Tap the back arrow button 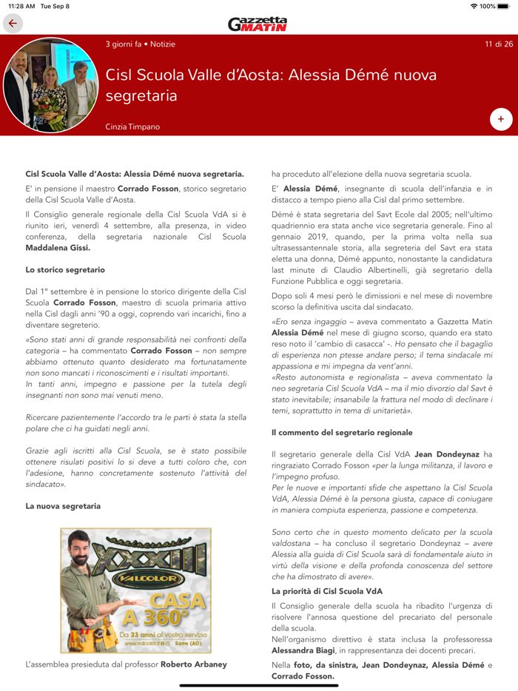(13, 24)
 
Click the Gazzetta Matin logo (258, 24)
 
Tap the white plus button (500, 118)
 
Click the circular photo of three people (50, 85)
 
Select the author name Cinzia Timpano (132, 127)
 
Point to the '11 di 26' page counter (499, 44)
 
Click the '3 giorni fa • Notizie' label (141, 44)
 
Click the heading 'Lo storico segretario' (65, 270)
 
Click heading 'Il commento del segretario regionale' (342, 432)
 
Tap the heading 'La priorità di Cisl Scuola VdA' (327, 591)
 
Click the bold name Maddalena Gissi (58, 248)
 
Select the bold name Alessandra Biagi (305, 650)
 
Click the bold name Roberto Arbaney (194, 664)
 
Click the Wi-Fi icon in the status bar (474, 6)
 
